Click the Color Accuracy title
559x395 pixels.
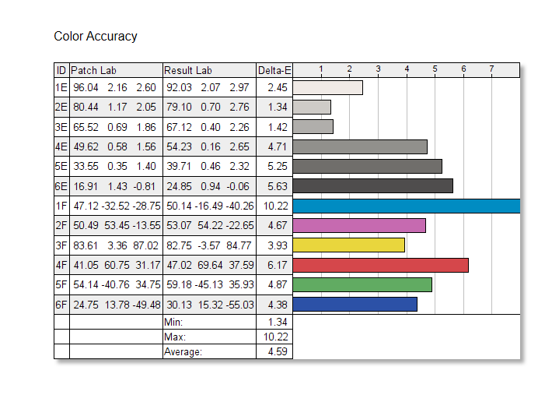(96, 37)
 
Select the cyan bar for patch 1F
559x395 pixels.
(406, 206)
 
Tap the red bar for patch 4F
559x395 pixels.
(380, 265)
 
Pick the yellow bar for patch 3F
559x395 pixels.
(348, 245)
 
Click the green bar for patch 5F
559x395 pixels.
(362, 284)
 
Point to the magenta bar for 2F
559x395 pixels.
(358, 226)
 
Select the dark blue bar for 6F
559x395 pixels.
(355, 304)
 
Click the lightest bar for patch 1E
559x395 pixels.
(327, 88)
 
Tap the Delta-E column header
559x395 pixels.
(274, 70)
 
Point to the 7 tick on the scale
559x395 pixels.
(492, 69)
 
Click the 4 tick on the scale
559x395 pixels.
(407, 69)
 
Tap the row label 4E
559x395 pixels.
(61, 146)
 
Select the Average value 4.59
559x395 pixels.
(278, 351)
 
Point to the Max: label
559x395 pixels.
(174, 337)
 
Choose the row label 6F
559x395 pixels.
(61, 304)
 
